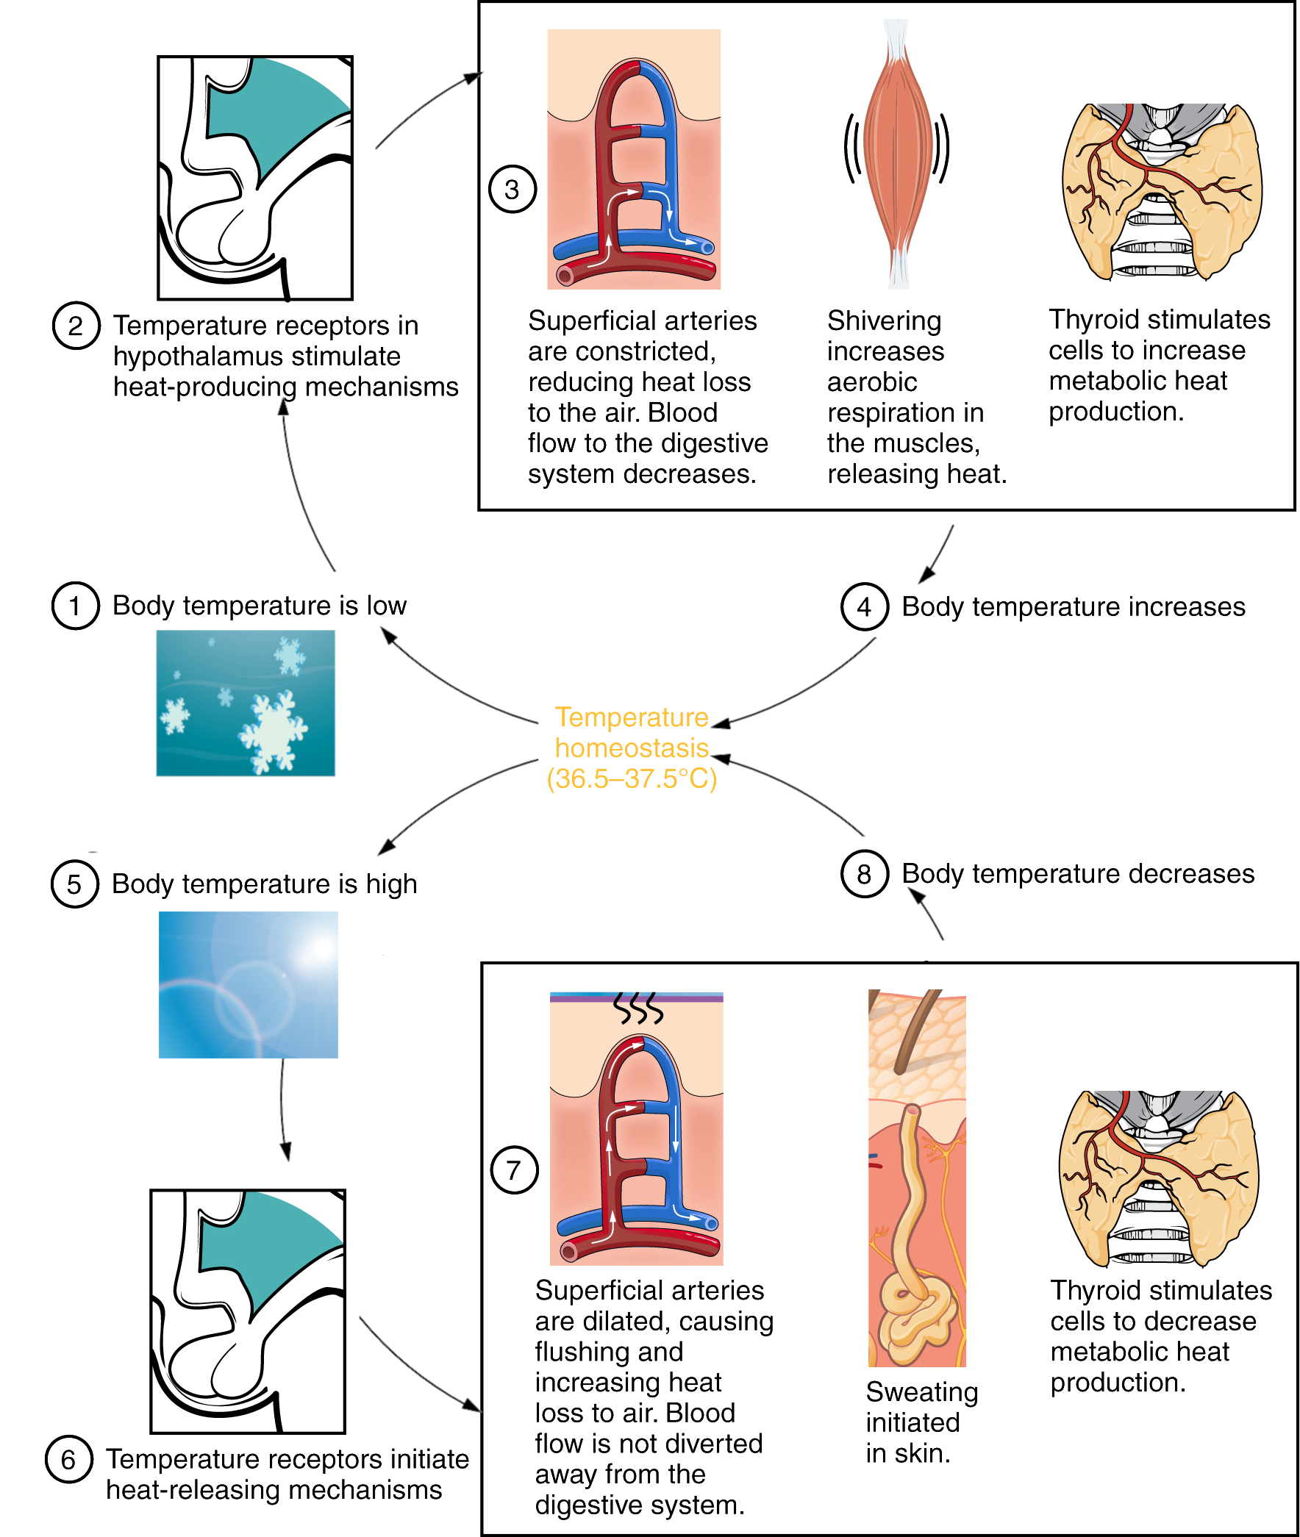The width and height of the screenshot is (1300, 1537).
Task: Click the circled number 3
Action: (x=512, y=190)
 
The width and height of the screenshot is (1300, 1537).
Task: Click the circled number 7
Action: (x=514, y=1169)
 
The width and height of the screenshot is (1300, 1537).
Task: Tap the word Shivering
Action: (x=884, y=321)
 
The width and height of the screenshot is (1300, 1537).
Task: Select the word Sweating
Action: (x=921, y=1392)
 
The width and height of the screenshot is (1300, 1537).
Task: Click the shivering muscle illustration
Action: (x=896, y=155)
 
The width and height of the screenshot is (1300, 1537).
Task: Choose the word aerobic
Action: (x=872, y=382)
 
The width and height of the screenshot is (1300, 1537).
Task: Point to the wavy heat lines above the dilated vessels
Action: (x=639, y=1009)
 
